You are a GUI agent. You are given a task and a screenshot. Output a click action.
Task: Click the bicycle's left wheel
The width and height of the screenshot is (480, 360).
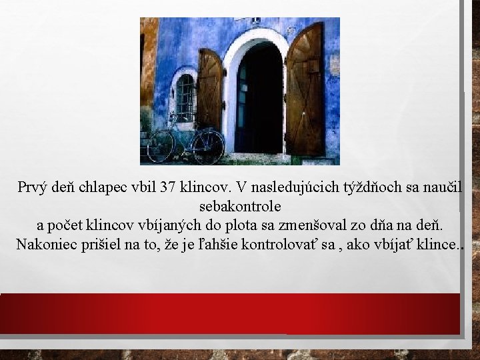pyautogui.click(x=161, y=146)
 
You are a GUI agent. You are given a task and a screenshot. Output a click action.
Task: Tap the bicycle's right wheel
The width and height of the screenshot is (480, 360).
pyautogui.click(x=209, y=145)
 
